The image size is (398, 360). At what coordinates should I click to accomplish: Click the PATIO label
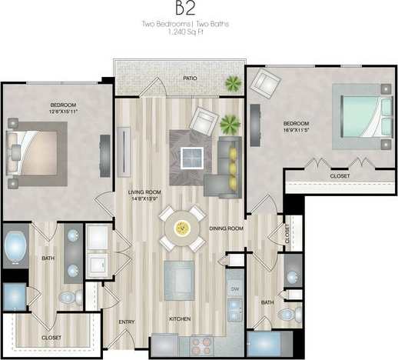click(x=190, y=78)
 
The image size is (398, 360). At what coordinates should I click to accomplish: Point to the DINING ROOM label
click(x=226, y=228)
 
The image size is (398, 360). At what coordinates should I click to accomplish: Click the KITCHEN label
click(x=181, y=318)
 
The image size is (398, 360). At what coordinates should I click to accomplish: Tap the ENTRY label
click(x=126, y=322)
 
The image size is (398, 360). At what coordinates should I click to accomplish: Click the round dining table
click(x=182, y=227)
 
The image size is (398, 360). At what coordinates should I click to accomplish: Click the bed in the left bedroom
click(x=35, y=147)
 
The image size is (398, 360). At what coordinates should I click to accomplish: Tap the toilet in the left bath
click(x=68, y=298)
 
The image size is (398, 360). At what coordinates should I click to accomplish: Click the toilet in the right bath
click(x=288, y=314)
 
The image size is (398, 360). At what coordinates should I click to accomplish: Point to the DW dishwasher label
click(x=236, y=288)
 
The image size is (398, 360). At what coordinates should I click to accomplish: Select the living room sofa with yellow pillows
click(x=228, y=164)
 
